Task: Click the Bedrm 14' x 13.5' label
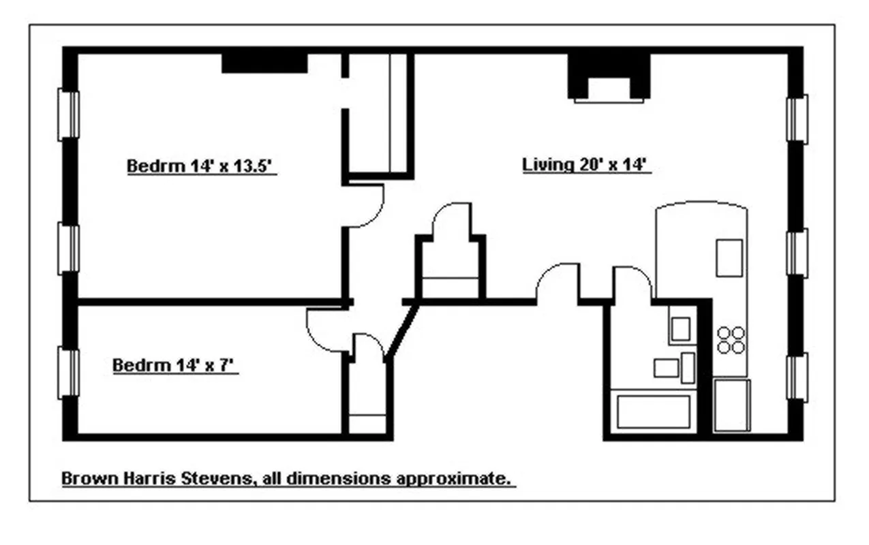pos(201,166)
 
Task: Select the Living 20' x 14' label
pos(587,165)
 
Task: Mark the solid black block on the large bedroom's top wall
pos(264,63)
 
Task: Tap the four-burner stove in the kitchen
pos(731,340)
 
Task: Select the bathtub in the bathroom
pos(653,411)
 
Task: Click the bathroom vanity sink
pos(680,329)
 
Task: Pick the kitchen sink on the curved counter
pos(729,257)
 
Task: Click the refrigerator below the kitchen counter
pos(731,405)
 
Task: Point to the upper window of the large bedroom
pos(68,115)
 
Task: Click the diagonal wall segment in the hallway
pos(401,332)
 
